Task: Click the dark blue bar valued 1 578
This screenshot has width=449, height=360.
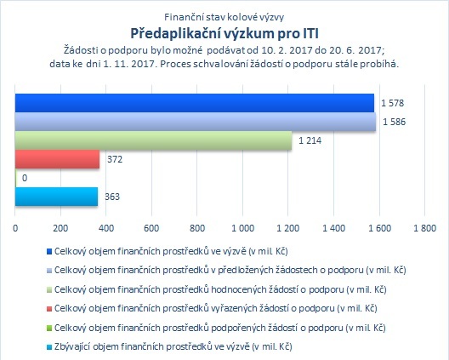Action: coord(195,103)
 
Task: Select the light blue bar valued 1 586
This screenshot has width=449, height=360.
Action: coord(196,122)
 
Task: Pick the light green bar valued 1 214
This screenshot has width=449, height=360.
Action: coord(153,140)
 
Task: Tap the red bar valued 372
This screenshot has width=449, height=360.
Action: coord(57,159)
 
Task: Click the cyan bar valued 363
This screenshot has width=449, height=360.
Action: coord(56,197)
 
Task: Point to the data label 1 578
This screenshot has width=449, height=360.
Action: coord(392,103)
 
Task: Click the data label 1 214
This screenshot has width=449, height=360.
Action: coord(310,140)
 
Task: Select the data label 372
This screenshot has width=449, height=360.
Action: coord(115,159)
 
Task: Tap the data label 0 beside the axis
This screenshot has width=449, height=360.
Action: coord(25,178)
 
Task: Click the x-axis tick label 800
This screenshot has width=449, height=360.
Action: coord(197,228)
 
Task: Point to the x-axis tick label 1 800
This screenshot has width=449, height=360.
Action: coord(425,228)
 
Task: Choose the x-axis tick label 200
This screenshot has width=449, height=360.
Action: coord(60,228)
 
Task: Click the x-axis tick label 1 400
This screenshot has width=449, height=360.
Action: coord(334,228)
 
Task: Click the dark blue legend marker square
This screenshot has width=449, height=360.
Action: coord(49,252)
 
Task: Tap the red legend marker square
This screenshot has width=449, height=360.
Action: coord(49,309)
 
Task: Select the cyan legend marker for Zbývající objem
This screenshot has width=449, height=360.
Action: coord(49,347)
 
